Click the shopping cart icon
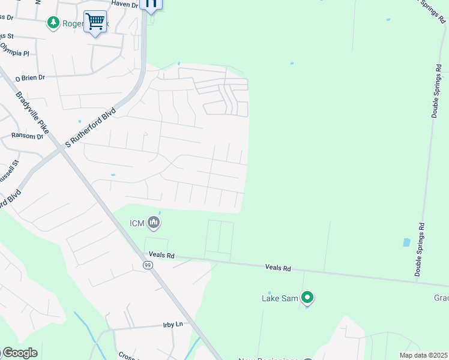tap(95, 22)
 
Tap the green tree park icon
tap(53, 22)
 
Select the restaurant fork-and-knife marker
tap(151, 4)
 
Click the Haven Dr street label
tap(125, 4)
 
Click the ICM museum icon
tap(154, 224)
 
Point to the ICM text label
tap(137, 224)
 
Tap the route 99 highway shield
tap(147, 264)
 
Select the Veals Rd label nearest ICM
tap(162, 255)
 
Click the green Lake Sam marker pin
tap(307, 297)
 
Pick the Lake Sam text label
tap(279, 298)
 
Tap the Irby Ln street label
tap(172, 325)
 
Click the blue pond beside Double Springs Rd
tap(406, 243)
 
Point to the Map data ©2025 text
tap(424, 355)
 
